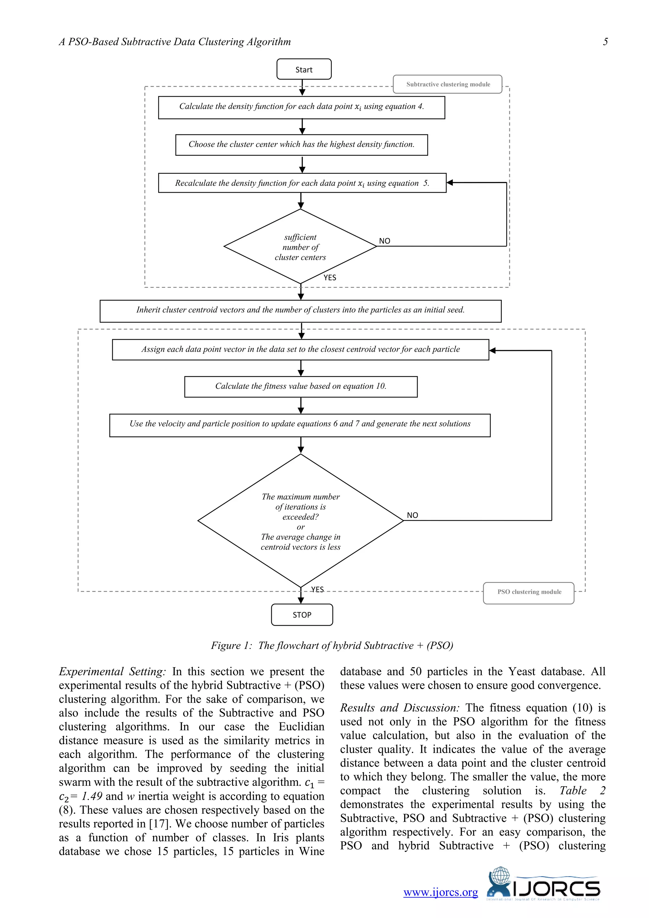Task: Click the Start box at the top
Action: point(304,69)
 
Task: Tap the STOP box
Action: point(302,615)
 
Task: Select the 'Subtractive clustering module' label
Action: point(447,84)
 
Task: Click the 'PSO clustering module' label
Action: point(529,592)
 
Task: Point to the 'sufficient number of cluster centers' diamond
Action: point(300,247)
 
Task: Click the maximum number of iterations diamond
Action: point(300,521)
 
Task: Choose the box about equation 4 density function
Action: point(301,107)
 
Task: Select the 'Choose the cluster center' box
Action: point(301,145)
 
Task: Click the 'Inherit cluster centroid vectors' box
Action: point(300,311)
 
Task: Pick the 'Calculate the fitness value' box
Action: point(300,386)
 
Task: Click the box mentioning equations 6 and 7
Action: point(300,425)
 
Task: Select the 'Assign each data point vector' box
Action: point(300,349)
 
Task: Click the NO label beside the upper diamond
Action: point(384,241)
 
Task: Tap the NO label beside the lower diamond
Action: point(412,515)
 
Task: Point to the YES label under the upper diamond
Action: point(330,277)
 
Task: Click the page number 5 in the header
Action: point(605,42)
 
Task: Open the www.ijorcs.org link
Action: point(440,892)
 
